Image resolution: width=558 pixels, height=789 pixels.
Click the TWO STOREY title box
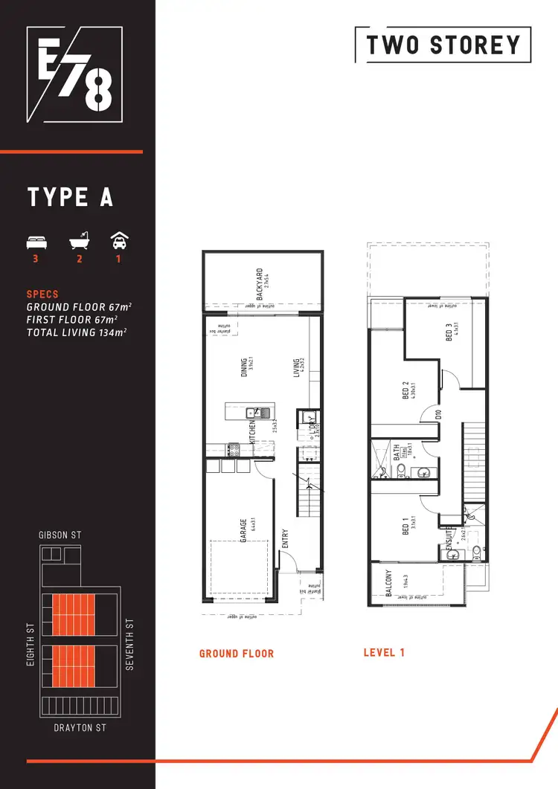click(443, 45)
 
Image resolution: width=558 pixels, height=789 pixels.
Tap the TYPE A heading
click(70, 197)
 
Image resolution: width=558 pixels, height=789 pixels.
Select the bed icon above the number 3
click(35, 242)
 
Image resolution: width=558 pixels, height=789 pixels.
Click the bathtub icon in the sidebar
click(77, 242)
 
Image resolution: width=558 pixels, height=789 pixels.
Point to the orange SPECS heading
click(42, 294)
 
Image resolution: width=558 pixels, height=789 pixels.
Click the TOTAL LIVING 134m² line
click(76, 332)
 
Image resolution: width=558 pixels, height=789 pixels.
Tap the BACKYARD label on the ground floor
click(259, 283)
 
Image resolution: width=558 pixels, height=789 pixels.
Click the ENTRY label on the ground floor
click(285, 539)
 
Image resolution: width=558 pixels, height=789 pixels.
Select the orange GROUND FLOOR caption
click(237, 654)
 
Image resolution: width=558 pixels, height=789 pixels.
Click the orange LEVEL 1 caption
click(384, 653)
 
